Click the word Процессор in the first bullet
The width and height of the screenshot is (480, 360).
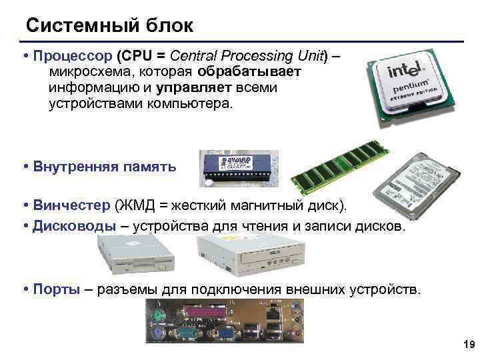click(73, 55)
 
